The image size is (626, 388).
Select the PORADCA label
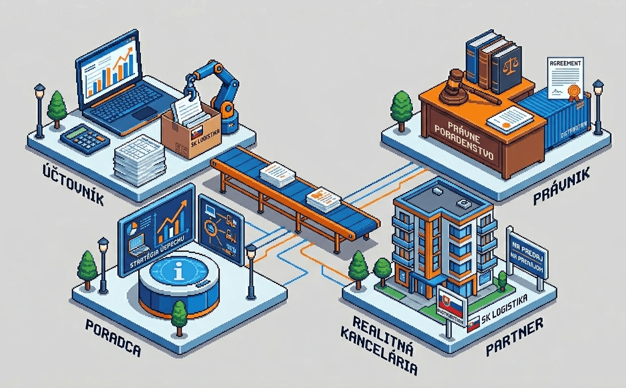(113, 330)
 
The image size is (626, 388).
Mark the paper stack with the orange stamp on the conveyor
(323, 199)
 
